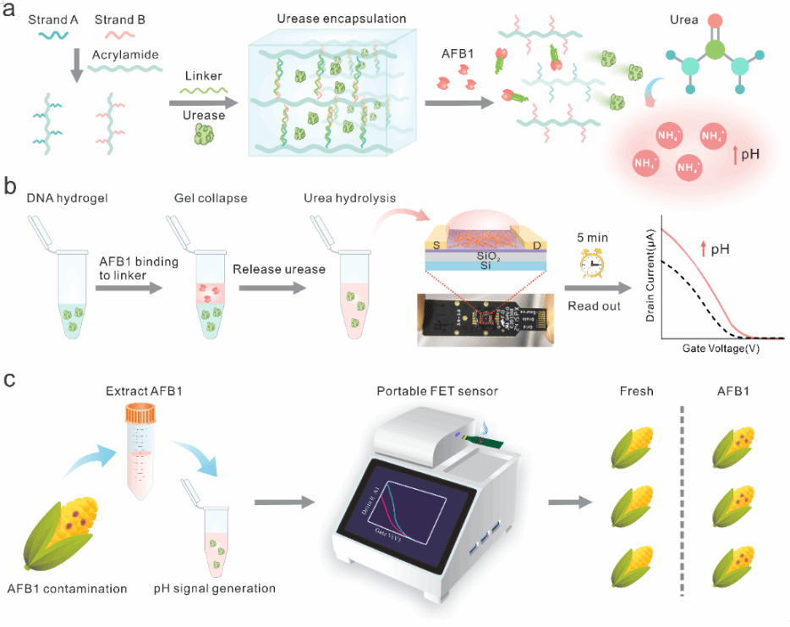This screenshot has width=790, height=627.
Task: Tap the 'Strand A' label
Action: tap(45, 18)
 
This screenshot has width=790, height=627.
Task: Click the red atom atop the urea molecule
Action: tap(713, 19)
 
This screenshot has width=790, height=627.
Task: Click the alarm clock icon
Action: tap(589, 263)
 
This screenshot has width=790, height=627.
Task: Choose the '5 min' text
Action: tap(589, 239)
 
